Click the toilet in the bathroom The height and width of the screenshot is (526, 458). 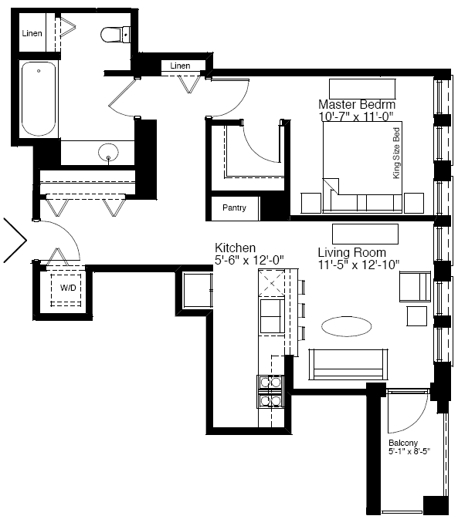(x=115, y=34)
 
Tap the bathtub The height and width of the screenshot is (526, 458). (x=39, y=99)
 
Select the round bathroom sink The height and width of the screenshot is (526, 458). (x=108, y=152)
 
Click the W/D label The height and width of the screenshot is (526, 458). (x=68, y=288)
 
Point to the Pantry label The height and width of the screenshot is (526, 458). (x=234, y=207)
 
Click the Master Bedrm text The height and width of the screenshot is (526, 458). (x=357, y=104)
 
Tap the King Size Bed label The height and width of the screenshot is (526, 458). (x=396, y=153)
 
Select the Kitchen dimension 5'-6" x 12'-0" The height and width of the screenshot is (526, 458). (x=249, y=260)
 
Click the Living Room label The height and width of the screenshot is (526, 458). (x=352, y=252)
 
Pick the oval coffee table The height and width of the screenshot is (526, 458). (x=347, y=326)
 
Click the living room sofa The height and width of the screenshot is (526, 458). (x=348, y=364)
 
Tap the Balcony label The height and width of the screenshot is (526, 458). (x=403, y=443)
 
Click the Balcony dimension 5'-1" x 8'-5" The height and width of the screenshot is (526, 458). (x=409, y=451)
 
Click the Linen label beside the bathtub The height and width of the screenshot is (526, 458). (x=32, y=33)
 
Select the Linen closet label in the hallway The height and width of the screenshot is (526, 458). (x=180, y=66)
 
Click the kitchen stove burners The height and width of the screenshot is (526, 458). (x=270, y=392)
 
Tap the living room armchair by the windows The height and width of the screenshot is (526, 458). (x=415, y=287)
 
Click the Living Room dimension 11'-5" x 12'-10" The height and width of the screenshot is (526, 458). (x=358, y=265)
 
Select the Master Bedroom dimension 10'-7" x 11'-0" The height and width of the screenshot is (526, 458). (x=356, y=116)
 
